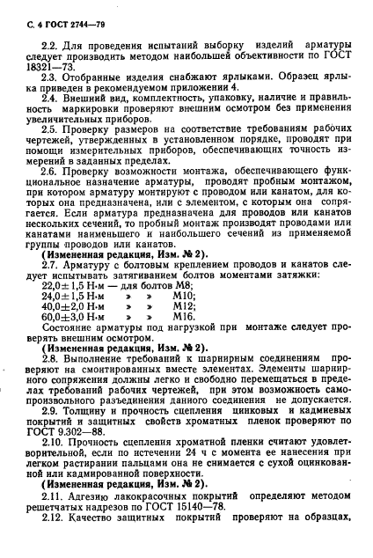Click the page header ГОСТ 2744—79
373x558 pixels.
click(x=55, y=13)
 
